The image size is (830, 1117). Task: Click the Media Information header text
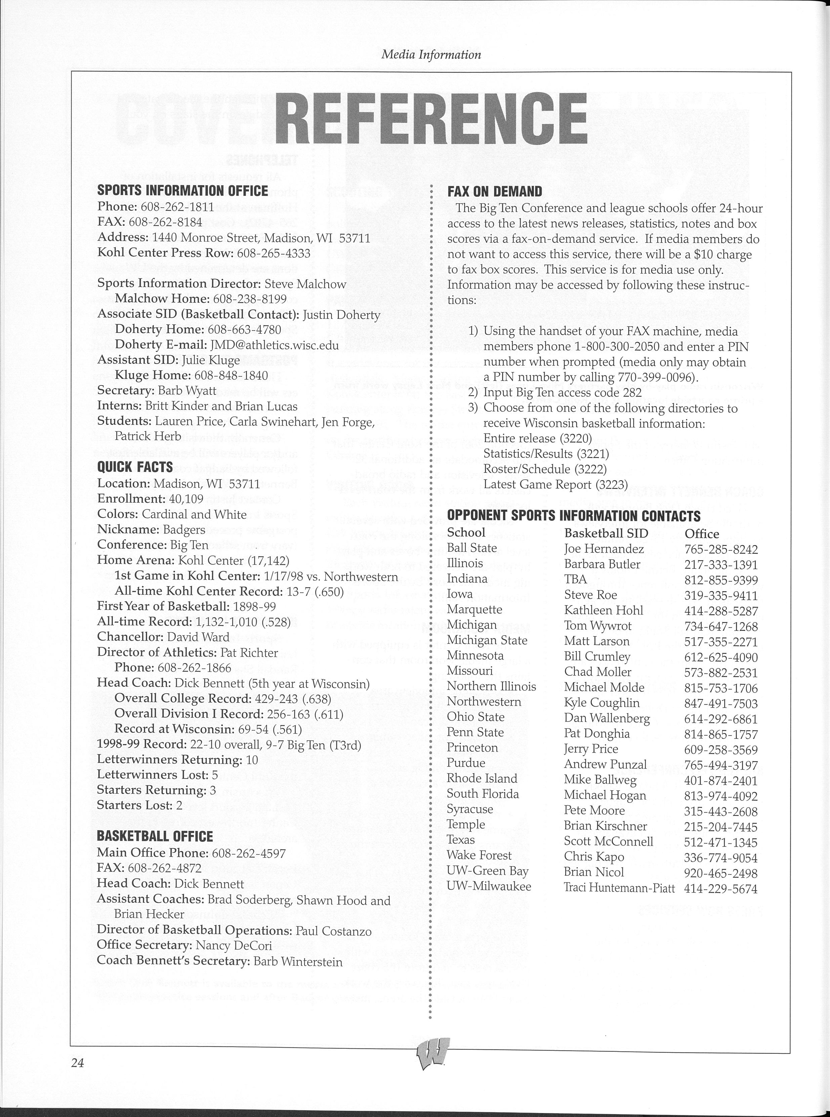coord(431,54)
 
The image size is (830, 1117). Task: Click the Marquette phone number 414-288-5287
coord(720,611)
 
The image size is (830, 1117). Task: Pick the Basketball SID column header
coord(606,533)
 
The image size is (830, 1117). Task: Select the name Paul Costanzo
coord(334,931)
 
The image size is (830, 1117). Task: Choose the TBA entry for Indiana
coord(575,579)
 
